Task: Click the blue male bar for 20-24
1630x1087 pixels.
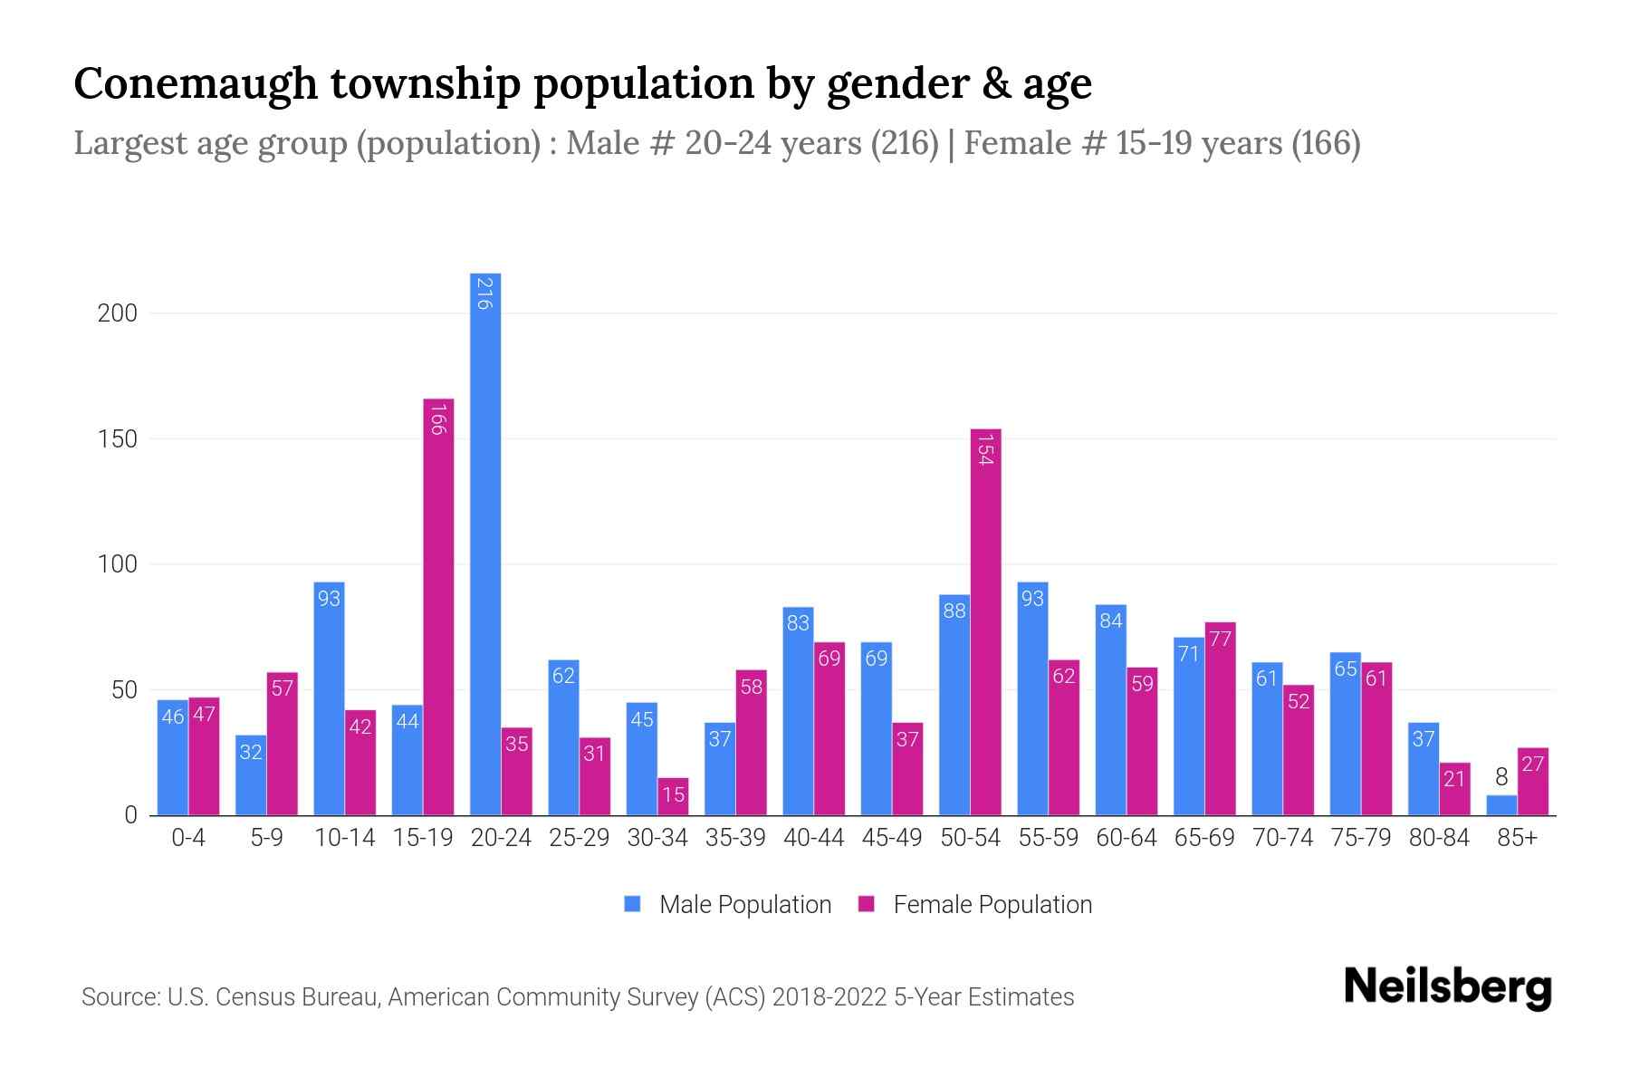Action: click(485, 543)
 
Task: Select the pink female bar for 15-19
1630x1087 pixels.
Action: click(438, 607)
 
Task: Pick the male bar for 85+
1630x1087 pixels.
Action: click(1501, 805)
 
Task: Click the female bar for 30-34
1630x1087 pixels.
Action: click(673, 796)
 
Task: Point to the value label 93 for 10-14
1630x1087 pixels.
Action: click(329, 599)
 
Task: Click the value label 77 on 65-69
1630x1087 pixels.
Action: click(1220, 640)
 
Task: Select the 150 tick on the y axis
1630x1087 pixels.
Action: click(117, 439)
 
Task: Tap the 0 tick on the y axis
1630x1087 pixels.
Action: click(130, 815)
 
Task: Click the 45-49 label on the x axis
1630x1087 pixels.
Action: click(892, 838)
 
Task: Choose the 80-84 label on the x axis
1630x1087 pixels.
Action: click(1439, 838)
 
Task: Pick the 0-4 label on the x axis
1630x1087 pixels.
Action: click(188, 838)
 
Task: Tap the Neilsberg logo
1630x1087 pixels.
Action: click(1447, 987)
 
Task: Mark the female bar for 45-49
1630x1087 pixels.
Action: click(907, 769)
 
